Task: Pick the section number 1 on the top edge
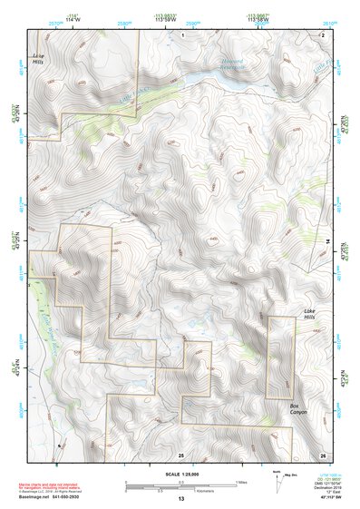click(182, 34)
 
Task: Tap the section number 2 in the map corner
click(322, 34)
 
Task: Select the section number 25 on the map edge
click(180, 454)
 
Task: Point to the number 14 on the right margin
click(328, 240)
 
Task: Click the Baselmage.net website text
click(64, 496)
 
